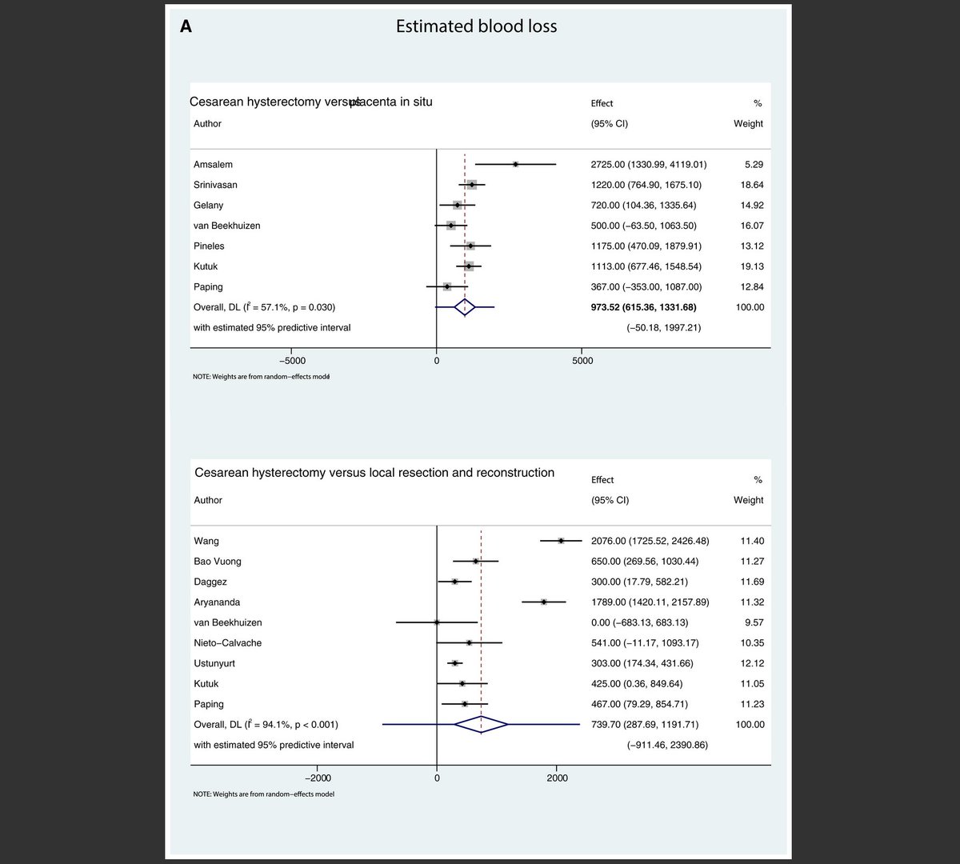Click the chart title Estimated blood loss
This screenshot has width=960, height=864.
tap(476, 26)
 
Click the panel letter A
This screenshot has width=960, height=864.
tap(186, 27)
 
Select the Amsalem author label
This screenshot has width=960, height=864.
tap(213, 164)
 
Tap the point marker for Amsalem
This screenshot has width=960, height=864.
tap(515, 164)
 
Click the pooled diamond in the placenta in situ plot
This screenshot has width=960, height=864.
tap(464, 306)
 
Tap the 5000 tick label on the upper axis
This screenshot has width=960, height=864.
tap(582, 361)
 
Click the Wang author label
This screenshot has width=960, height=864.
tap(206, 541)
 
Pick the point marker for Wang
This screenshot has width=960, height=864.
tap(561, 541)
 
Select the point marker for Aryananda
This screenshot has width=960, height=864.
tap(544, 602)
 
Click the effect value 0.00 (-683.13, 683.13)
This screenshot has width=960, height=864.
tap(638, 622)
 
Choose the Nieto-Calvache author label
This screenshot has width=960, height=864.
tap(227, 642)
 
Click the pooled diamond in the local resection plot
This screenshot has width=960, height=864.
tap(481, 724)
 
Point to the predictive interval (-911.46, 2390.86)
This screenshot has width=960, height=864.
tap(666, 745)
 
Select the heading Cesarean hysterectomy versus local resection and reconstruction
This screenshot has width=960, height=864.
tap(374, 473)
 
